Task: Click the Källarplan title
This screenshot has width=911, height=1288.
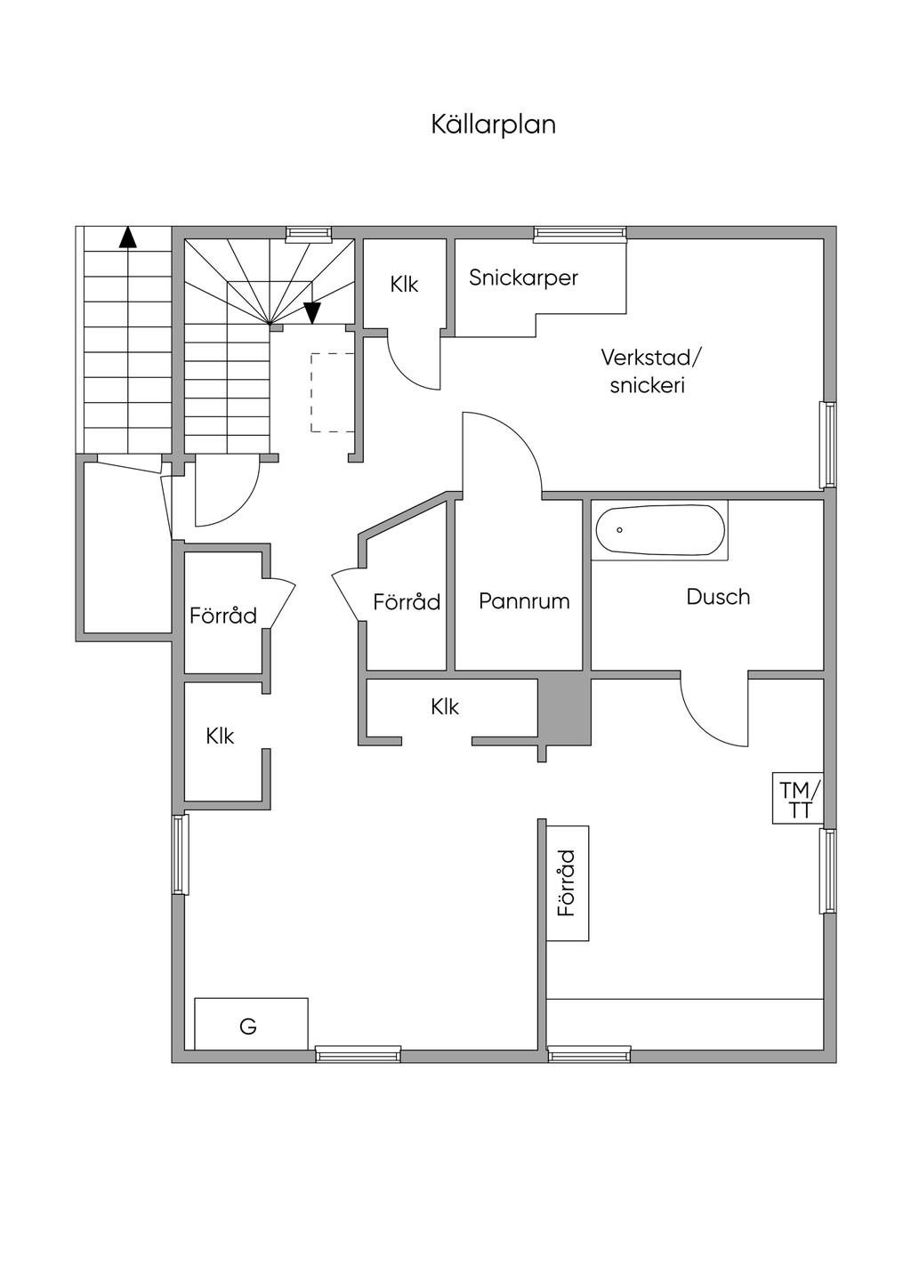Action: (x=494, y=125)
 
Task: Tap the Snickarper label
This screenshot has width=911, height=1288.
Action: (x=523, y=278)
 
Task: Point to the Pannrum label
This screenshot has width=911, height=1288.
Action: (x=524, y=601)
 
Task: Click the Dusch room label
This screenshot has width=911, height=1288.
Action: (x=718, y=597)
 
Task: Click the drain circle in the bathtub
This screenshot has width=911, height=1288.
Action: (x=619, y=529)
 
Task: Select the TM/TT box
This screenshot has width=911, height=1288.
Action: (x=798, y=798)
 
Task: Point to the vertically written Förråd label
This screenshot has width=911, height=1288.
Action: (x=567, y=883)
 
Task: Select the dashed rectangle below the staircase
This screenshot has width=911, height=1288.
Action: (x=333, y=392)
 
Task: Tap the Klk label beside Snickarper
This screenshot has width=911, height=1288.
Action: (x=404, y=285)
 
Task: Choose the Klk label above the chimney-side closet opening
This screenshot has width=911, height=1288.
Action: (x=445, y=706)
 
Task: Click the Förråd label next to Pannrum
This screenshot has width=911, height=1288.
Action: (x=407, y=602)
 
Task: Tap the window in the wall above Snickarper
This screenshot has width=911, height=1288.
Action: (x=580, y=232)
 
